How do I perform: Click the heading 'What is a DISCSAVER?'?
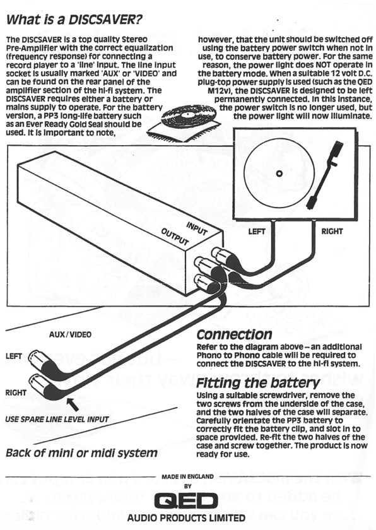point(74,20)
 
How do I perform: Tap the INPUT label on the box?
point(197,228)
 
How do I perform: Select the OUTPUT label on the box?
point(175,236)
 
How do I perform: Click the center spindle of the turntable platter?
point(279,174)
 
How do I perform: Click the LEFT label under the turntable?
point(257,232)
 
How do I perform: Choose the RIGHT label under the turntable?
point(332,232)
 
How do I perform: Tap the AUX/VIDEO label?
point(70,334)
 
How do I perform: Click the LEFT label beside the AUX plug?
point(14,356)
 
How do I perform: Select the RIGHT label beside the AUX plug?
point(16,392)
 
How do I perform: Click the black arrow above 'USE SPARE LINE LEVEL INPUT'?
point(73,404)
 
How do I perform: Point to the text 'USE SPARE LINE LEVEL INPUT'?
point(57,420)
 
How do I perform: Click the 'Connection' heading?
point(234,334)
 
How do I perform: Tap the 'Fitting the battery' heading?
point(258,384)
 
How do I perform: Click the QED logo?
point(186,501)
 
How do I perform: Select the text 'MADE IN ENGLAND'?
point(187,477)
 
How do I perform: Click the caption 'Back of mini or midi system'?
point(82,453)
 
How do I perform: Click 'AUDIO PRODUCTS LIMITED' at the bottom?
point(187,518)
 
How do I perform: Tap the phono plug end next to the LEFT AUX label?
point(35,358)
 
